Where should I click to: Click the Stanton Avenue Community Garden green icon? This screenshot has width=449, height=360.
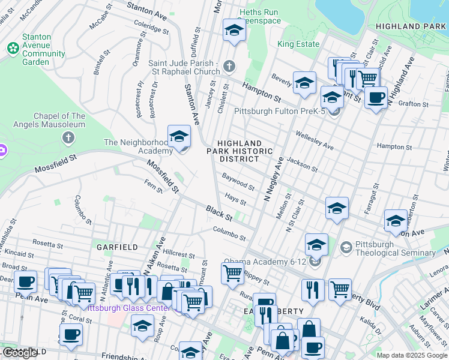tap(13, 47)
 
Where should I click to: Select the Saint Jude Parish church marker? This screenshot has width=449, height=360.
tap(229, 66)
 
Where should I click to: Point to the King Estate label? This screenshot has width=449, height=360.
tap(298, 44)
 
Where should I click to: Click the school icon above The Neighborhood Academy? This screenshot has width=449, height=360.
tap(179, 137)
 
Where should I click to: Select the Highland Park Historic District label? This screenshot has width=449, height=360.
tap(240, 151)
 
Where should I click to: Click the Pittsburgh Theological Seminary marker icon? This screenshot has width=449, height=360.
tap(346, 247)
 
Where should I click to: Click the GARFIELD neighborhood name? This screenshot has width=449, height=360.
tap(118, 247)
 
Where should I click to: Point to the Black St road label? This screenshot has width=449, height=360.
tap(219, 212)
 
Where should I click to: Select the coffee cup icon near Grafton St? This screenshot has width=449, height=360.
tap(376, 97)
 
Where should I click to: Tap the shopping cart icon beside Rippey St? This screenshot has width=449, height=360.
tap(232, 273)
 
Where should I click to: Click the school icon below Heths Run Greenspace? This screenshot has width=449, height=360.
tap(234, 31)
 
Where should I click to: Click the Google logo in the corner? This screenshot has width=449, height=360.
tap(20, 353)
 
